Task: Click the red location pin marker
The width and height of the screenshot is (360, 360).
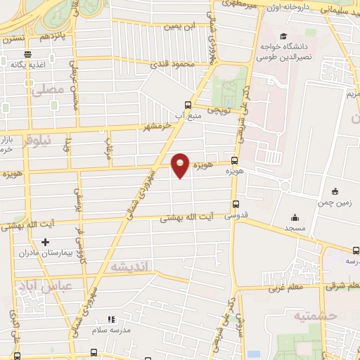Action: [x=181, y=165]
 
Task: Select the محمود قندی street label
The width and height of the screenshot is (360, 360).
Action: [x=173, y=63]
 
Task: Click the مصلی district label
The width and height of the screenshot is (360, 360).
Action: [x=48, y=90]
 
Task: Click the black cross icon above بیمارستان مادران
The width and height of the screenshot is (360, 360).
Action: [x=46, y=241]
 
